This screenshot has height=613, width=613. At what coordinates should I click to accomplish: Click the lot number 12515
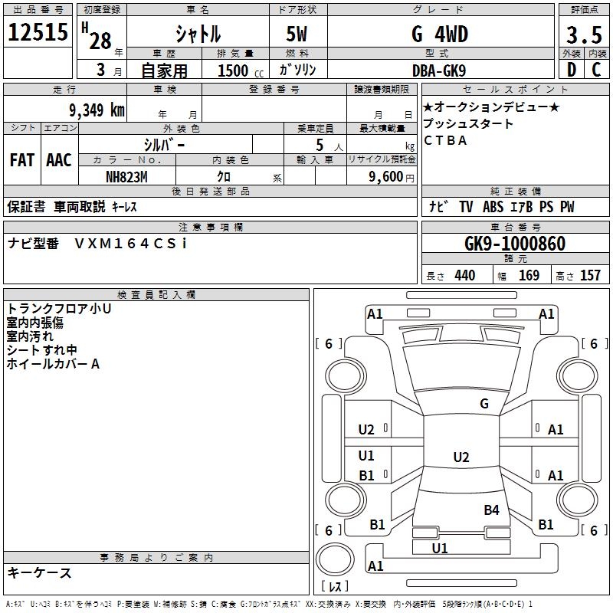[38, 34]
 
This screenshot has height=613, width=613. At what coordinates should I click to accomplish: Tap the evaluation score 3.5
[583, 35]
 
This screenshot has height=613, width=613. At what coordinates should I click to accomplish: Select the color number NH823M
[127, 175]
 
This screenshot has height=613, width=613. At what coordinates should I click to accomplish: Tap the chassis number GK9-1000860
[514, 244]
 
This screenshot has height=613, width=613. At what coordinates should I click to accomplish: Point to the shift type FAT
[22, 160]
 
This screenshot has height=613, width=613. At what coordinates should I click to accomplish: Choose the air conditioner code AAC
[59, 160]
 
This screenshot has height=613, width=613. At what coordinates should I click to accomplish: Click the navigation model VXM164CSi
[130, 244]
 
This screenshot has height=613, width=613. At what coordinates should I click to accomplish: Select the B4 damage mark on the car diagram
[491, 510]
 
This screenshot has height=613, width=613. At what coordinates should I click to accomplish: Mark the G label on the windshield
[484, 403]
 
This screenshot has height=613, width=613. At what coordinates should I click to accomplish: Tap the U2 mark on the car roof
[461, 457]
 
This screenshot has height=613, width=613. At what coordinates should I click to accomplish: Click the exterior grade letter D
[571, 70]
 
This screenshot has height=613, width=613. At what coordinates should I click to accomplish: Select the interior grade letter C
[596, 70]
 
